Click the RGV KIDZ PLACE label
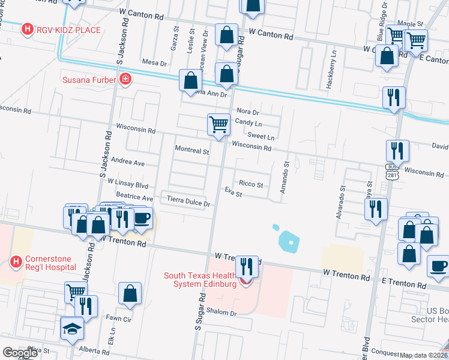[68, 29]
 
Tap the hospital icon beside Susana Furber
[125, 80]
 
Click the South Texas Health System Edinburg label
[200, 280]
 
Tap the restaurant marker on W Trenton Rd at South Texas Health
[247, 266]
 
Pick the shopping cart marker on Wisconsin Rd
[218, 125]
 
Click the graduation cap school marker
[72, 329]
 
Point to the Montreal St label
[191, 150]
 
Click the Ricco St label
[251, 184]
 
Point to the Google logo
[20, 353]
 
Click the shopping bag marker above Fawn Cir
[130, 294]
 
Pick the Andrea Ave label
[127, 163]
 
